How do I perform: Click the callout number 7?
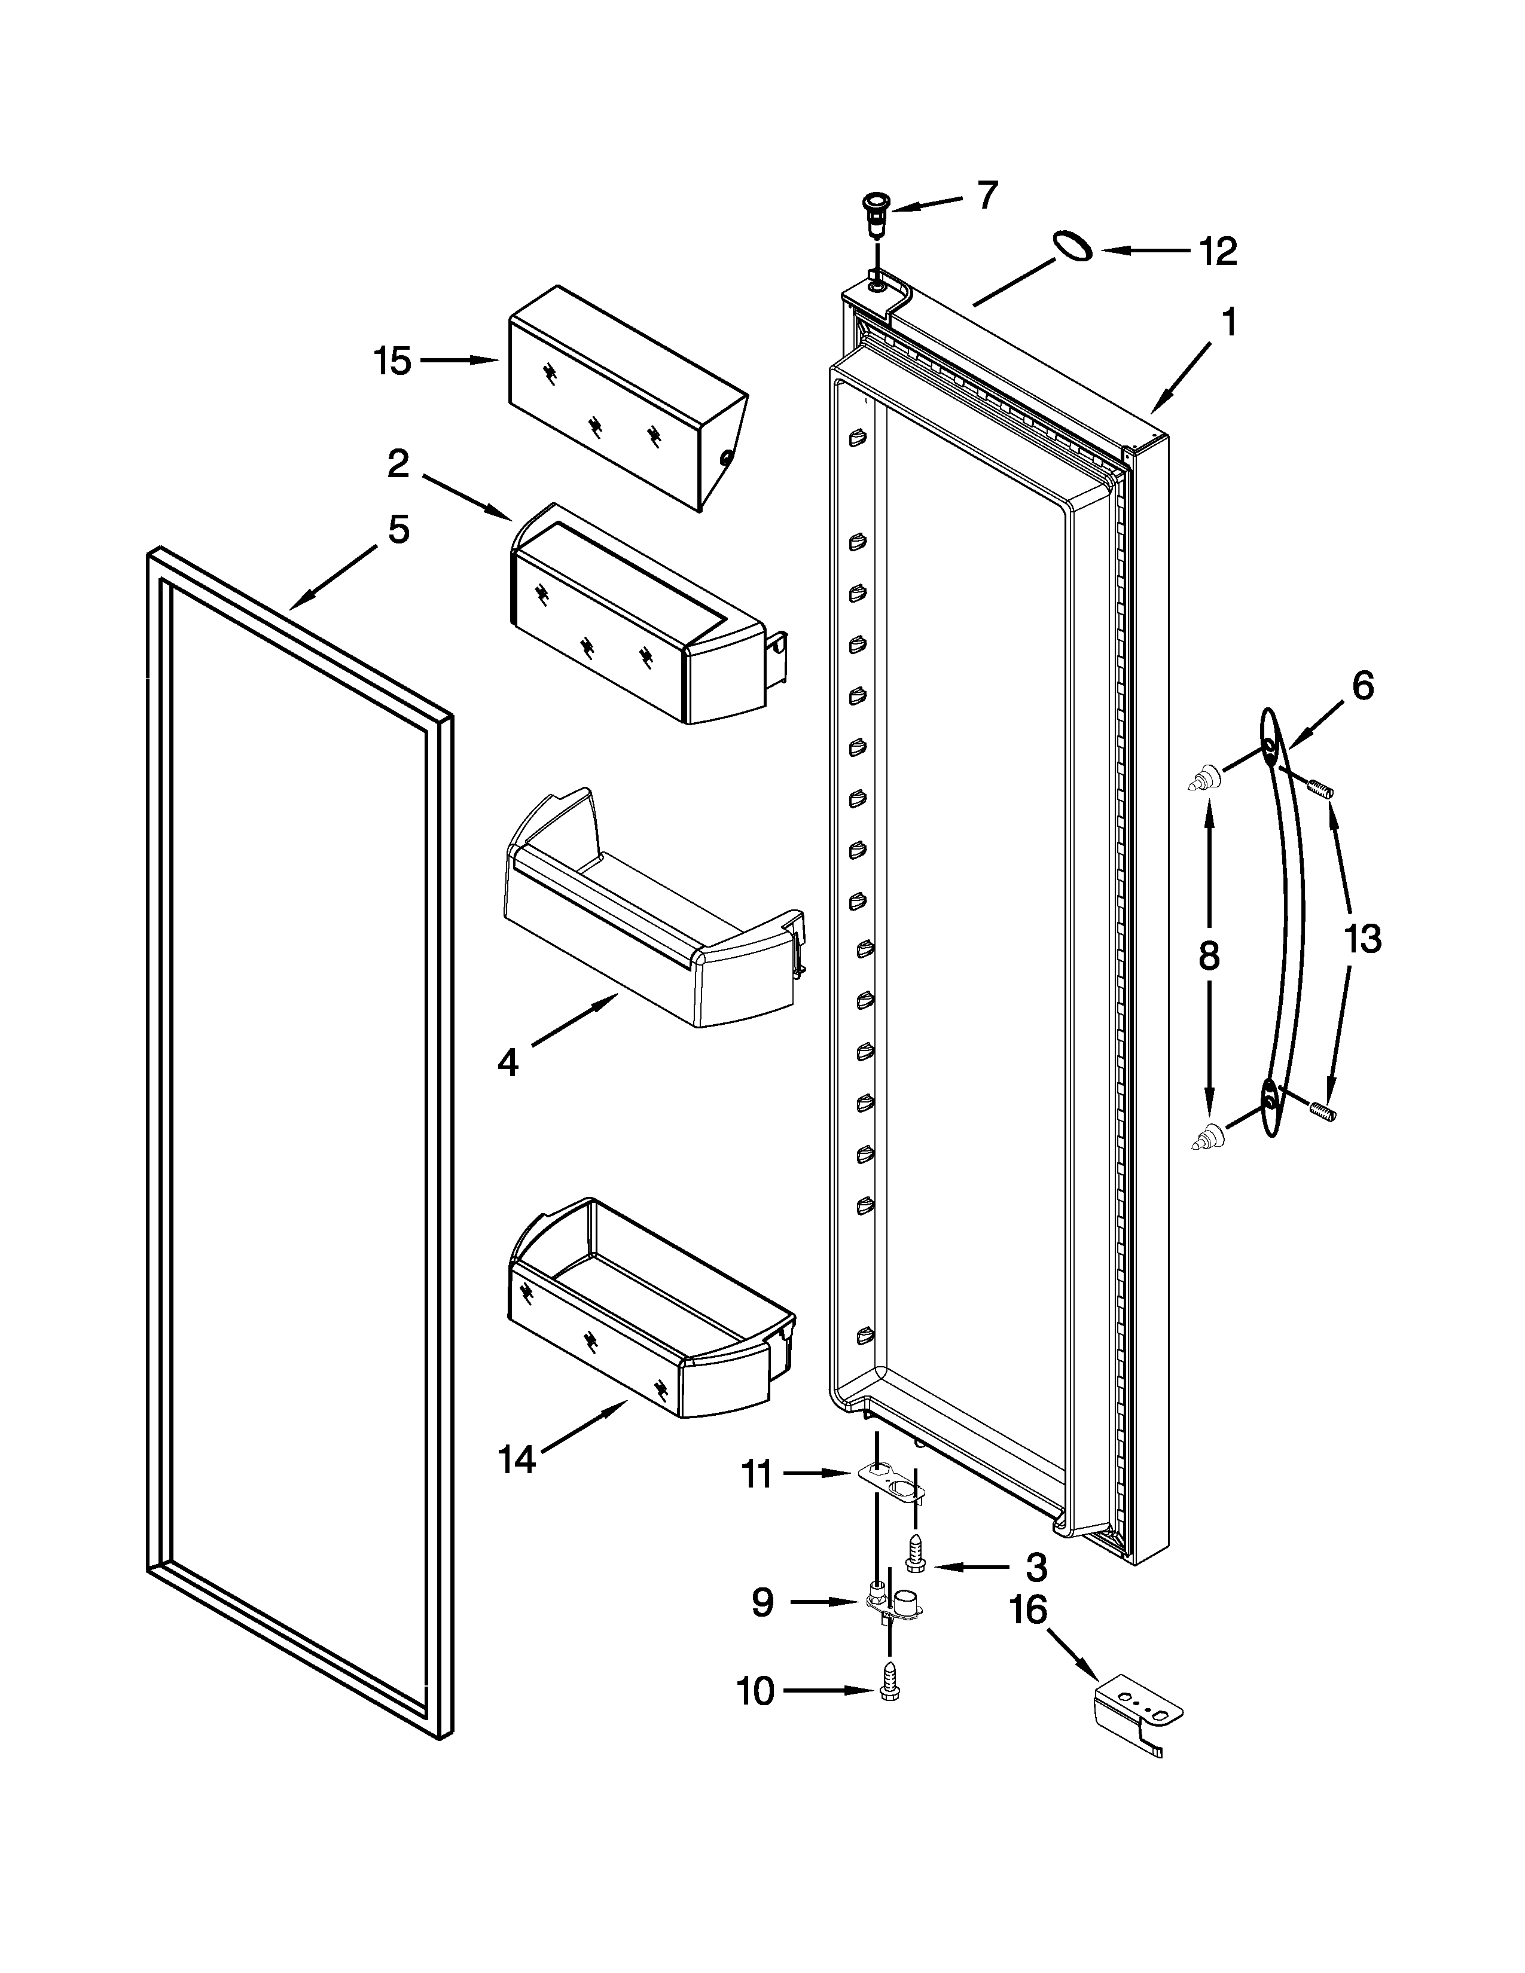987,194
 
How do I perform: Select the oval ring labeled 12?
1070,246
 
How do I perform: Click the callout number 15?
393,361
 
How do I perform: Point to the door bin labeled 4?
651,912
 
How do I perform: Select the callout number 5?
398,529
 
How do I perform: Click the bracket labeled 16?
1136,1714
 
